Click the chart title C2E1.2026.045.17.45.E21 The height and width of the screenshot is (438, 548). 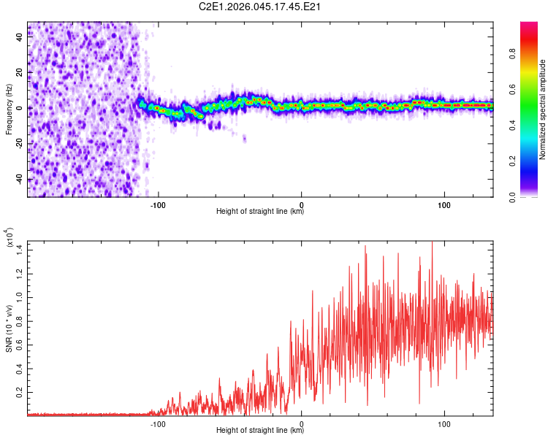coord(261,7)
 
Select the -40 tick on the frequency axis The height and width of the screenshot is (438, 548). coord(18,180)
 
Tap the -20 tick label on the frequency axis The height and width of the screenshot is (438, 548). coord(18,144)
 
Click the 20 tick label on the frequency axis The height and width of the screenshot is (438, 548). coord(20,73)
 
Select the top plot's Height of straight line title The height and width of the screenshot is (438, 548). coord(260,212)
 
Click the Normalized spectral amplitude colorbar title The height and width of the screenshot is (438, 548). coord(543,109)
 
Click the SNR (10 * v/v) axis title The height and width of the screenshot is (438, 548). coord(9,328)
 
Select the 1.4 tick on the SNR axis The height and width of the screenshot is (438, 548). coord(19,250)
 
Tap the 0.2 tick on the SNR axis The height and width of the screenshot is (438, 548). coord(19,392)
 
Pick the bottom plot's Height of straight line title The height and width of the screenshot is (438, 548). coord(260,430)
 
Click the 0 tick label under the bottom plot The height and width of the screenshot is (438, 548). coord(302,422)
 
